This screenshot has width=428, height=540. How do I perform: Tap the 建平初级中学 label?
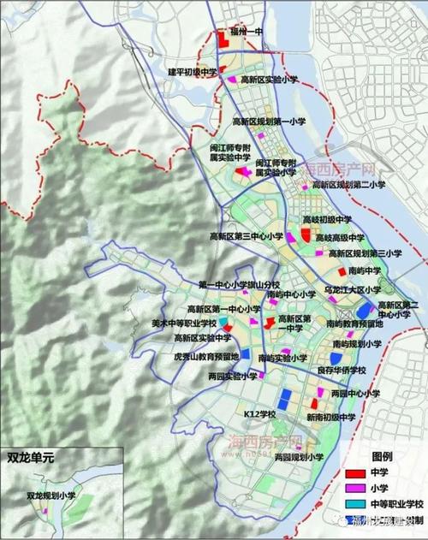pyautogui.click(x=191, y=71)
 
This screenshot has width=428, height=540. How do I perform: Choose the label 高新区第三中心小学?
pyautogui.click(x=247, y=236)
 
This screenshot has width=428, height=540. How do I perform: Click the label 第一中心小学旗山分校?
pyautogui.click(x=238, y=285)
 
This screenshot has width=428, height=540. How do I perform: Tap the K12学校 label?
pyautogui.click(x=259, y=414)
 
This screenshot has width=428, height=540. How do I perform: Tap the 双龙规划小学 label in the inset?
pyautogui.click(x=51, y=495)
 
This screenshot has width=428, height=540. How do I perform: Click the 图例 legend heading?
pyautogui.click(x=369, y=455)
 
